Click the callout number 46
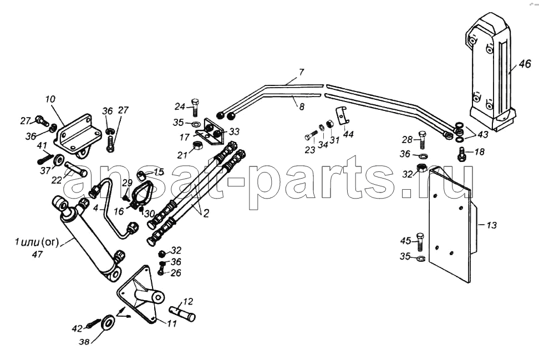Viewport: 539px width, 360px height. coord(525,64)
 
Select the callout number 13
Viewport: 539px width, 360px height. coord(492,225)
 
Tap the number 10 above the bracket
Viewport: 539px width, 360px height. coord(50,100)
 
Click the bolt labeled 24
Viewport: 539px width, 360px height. coord(195,107)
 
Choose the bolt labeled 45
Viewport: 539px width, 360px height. coord(420,242)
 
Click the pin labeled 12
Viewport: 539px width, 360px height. coord(182,313)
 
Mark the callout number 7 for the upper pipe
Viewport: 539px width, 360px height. coord(301,72)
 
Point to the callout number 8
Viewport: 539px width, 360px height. coord(301,107)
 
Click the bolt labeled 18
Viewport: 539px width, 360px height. coord(461,154)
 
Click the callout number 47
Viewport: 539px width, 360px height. coord(37,255)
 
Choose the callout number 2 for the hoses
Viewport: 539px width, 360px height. coord(206,214)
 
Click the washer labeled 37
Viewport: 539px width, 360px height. coord(58,160)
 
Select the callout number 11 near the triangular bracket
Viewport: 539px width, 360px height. coord(172,323)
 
